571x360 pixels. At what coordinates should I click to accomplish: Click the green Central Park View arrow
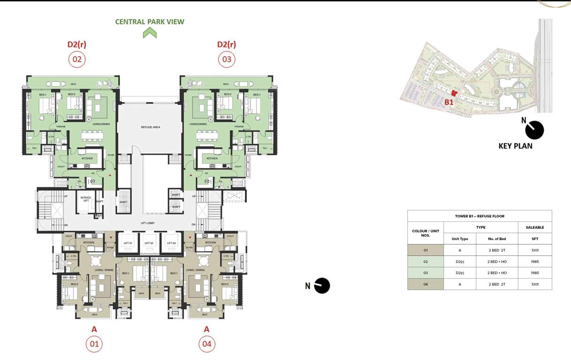(x=150, y=33)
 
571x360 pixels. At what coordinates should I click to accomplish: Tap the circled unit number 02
(x=76, y=59)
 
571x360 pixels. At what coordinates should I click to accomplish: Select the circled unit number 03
(x=226, y=59)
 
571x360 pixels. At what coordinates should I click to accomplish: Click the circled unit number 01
(x=94, y=344)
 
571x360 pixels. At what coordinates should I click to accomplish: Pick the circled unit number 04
(x=207, y=344)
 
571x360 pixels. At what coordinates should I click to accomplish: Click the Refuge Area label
(x=150, y=127)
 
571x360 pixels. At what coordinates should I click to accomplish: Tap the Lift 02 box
(x=149, y=243)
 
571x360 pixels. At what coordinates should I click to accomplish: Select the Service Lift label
(x=85, y=199)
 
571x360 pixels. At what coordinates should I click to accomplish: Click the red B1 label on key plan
(x=449, y=102)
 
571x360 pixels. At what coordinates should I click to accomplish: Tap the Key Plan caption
(x=515, y=146)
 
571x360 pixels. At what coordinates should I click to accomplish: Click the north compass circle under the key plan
(x=534, y=130)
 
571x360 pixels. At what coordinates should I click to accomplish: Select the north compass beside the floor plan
(x=322, y=285)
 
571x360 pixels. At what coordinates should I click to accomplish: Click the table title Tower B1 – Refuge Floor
(x=479, y=216)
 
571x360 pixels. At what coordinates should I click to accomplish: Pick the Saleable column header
(x=535, y=227)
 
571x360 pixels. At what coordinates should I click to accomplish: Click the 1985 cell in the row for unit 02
(x=535, y=262)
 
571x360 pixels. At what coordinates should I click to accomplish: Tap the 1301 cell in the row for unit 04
(x=535, y=284)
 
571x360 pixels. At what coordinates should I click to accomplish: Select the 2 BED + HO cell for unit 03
(x=496, y=273)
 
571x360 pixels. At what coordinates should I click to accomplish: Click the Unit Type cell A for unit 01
(x=459, y=250)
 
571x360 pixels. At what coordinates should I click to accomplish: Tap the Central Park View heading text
(x=150, y=22)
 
